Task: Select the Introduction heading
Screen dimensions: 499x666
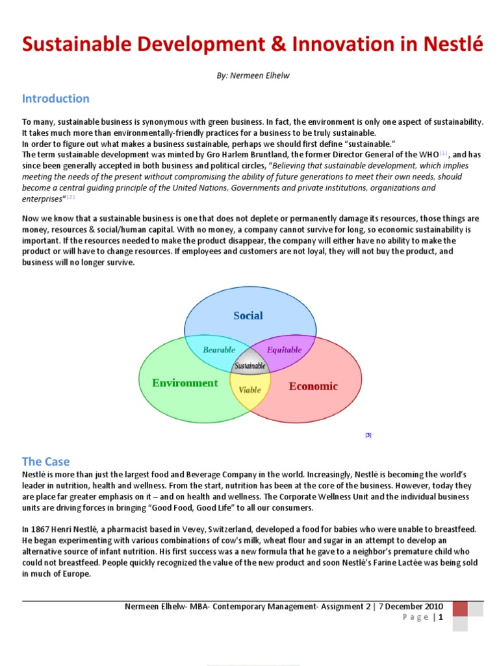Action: [x=56, y=99]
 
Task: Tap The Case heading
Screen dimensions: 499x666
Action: [x=45, y=461]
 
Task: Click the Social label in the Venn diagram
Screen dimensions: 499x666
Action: [x=248, y=315]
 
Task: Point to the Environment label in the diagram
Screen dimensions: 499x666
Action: [x=185, y=383]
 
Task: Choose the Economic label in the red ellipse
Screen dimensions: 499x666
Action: [x=313, y=386]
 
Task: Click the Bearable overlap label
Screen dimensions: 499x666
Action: [x=219, y=350]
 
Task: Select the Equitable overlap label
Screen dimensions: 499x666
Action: [x=285, y=350]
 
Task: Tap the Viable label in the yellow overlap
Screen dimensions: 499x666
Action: [x=249, y=390]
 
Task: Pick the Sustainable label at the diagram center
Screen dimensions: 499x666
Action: [x=250, y=366]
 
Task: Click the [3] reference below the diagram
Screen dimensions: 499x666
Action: [x=368, y=435]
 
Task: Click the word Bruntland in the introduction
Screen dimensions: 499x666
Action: [x=242, y=155]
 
